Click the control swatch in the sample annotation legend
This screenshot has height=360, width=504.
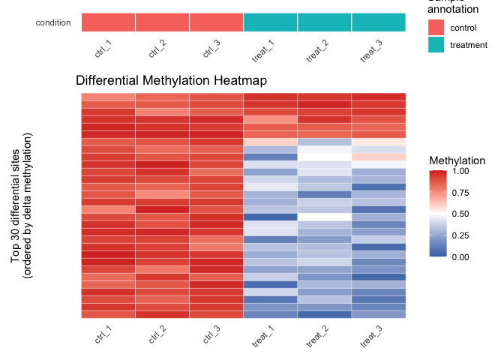pos(436,28)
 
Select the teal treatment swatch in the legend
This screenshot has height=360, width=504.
pos(436,45)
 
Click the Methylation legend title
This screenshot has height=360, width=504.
pos(457,160)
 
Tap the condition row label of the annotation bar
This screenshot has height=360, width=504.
pos(53,22)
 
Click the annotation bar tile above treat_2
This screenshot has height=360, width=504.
pos(324,22)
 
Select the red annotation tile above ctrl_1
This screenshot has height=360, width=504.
pos(108,22)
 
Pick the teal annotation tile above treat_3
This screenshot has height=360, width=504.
pos(378,22)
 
